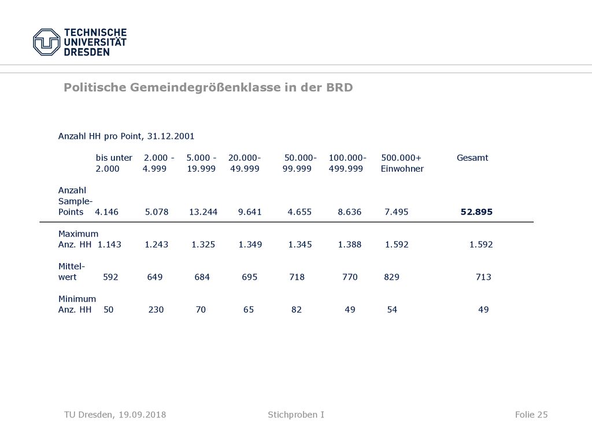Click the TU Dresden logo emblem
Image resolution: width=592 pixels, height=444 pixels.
tap(46, 42)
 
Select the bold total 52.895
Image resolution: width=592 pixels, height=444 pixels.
tap(476, 212)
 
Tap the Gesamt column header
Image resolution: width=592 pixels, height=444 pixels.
tap(472, 158)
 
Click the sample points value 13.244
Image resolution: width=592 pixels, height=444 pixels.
tap(203, 212)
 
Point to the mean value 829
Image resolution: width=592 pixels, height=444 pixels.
tap(391, 277)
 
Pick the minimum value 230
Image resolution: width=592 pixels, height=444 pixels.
tap(156, 310)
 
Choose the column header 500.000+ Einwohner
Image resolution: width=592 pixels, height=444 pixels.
tap(402, 163)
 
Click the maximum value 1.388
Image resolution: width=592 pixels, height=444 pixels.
tap(350, 245)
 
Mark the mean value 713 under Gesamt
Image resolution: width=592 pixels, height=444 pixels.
tap(484, 277)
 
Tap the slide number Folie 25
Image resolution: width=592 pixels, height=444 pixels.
tap(531, 415)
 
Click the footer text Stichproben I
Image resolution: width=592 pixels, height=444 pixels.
tap(296, 415)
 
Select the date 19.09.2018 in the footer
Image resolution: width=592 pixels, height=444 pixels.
tap(142, 415)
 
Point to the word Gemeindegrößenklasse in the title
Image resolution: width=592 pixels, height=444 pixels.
tap(205, 87)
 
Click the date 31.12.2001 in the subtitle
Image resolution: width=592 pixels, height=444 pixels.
tap(171, 136)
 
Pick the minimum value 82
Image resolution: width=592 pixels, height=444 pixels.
tap(297, 310)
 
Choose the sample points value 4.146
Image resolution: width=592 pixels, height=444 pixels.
tap(107, 212)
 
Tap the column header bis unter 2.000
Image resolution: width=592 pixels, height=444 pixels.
tap(114, 163)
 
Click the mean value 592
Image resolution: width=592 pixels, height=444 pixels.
tap(110, 277)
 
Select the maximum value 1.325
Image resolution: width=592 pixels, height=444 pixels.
tap(203, 245)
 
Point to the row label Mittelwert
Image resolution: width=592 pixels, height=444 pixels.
tap(71, 272)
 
